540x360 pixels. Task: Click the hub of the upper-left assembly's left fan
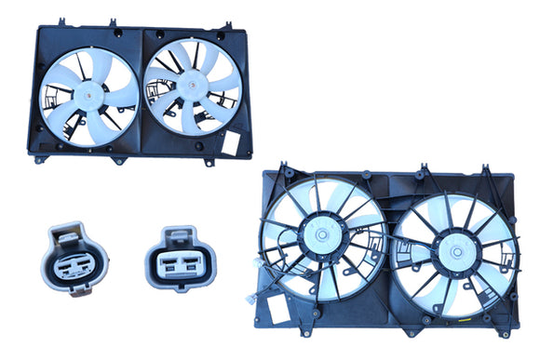click(89, 91)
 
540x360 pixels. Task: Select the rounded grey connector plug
click(76, 258)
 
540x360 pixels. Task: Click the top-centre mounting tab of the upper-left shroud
click(112, 20)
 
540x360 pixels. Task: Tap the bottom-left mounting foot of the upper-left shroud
click(38, 159)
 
